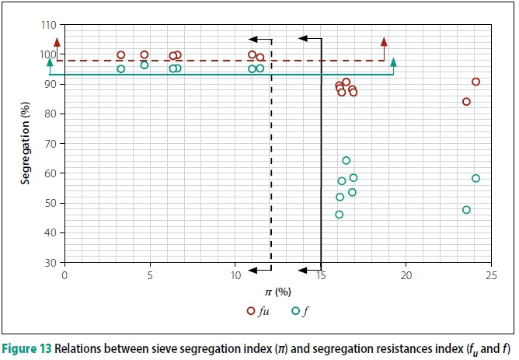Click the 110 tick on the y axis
(51, 25)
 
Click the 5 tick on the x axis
(149, 274)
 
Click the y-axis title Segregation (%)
(26, 144)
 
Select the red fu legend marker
(251, 310)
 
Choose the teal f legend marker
(295, 310)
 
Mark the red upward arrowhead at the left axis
(57, 42)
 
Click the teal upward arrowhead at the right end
(394, 61)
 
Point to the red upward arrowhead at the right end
(384, 40)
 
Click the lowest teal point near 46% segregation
(339, 215)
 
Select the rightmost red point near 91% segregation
(475, 82)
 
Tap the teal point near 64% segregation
(346, 161)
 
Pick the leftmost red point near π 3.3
(120, 55)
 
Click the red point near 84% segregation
(466, 101)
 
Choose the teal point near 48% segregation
(466, 210)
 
